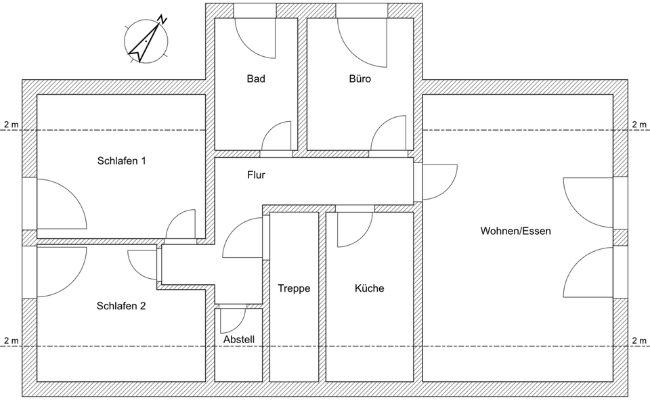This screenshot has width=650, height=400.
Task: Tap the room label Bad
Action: coord(256,79)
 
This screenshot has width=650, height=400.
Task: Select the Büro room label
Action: coord(360,79)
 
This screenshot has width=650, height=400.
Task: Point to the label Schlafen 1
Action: coord(122,161)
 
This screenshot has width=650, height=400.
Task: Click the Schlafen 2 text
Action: coord(121,306)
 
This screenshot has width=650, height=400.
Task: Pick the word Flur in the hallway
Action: coord(256,175)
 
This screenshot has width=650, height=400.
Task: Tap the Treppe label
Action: coord(294,288)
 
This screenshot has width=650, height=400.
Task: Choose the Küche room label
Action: coord(369,288)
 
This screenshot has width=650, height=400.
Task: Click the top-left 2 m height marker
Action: coord(11,125)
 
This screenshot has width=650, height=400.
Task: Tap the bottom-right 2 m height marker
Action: coord(639,340)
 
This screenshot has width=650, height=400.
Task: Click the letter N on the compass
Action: coord(162,18)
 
